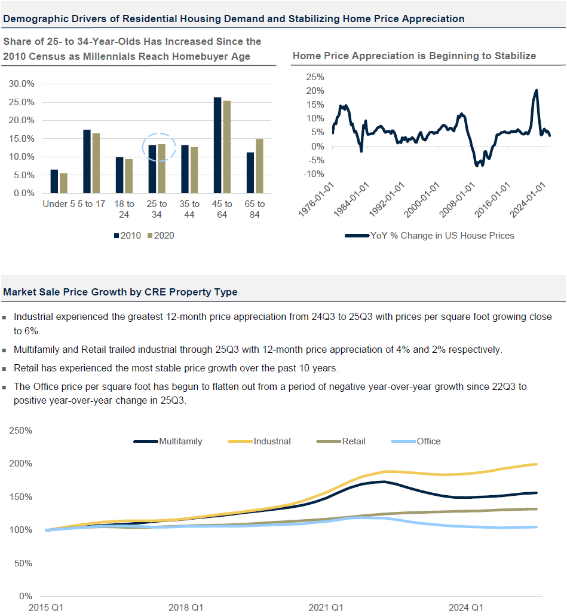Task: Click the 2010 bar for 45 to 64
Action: pyautogui.click(x=217, y=145)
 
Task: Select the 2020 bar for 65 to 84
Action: pyautogui.click(x=259, y=166)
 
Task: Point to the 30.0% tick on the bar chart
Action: pyautogui.click(x=22, y=84)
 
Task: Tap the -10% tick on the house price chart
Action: pyautogui.click(x=314, y=174)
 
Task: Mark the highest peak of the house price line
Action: pyautogui.click(x=536, y=90)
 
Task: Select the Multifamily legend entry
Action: pyautogui.click(x=168, y=441)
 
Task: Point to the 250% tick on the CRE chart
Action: pyautogui.click(x=20, y=431)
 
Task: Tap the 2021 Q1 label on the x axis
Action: pyautogui.click(x=326, y=608)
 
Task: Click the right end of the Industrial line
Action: pyautogui.click(x=537, y=464)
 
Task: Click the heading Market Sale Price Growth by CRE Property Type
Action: pyautogui.click(x=121, y=292)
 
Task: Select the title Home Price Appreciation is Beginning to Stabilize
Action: pyautogui.click(x=414, y=56)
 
